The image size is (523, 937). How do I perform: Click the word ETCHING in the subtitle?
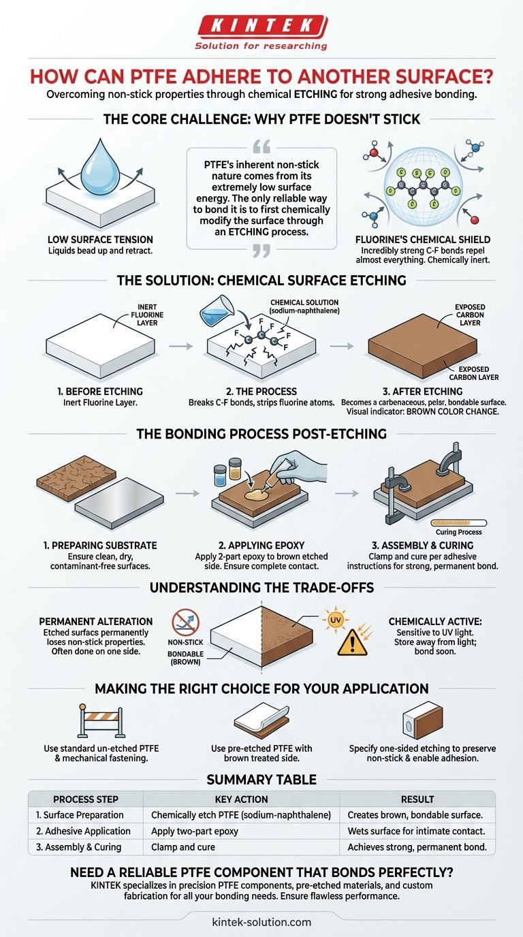click(x=315, y=94)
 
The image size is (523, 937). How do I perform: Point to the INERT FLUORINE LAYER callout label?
click(x=147, y=315)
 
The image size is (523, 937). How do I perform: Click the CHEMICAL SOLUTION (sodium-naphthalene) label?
click(x=304, y=306)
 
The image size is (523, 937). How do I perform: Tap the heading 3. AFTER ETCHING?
click(x=423, y=392)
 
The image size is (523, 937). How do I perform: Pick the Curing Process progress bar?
click(x=458, y=522)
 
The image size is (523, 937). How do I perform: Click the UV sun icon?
click(x=335, y=620)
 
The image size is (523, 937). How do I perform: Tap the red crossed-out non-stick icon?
click(x=185, y=622)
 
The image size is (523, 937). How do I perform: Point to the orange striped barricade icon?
click(x=101, y=720)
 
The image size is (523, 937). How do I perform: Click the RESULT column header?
click(x=417, y=799)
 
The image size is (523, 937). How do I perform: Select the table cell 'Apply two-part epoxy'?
click(x=195, y=831)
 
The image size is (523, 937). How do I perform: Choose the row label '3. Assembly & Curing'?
click(x=79, y=847)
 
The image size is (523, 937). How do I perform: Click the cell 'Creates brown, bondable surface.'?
click(x=415, y=815)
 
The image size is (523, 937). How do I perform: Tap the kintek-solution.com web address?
click(x=261, y=921)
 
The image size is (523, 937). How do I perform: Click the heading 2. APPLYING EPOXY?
click(x=261, y=545)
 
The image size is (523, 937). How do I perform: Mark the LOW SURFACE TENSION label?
click(x=100, y=240)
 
